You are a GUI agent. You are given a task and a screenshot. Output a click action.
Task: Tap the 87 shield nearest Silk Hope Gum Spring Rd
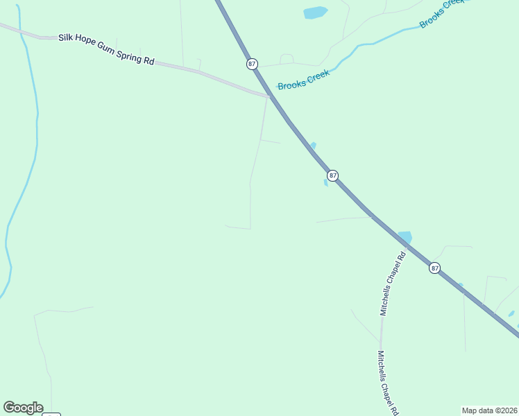(252, 64)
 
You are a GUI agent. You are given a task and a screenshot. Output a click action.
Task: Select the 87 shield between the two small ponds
(333, 175)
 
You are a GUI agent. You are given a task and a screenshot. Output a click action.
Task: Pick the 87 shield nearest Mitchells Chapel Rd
(434, 268)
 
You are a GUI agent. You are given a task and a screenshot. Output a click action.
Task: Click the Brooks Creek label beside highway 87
(303, 80)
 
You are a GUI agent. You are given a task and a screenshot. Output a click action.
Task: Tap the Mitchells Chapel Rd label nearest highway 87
(392, 285)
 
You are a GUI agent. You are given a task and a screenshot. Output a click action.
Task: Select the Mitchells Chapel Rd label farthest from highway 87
(386, 383)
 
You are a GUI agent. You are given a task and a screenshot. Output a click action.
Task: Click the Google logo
(23, 408)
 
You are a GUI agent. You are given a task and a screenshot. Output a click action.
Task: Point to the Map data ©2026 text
(489, 410)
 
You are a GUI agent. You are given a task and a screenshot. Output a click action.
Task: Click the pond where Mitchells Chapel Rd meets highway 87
(404, 237)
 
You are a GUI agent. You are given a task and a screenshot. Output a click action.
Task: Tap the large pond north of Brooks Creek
(315, 12)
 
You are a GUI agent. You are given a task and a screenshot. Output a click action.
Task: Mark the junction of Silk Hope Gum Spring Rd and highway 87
(270, 96)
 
